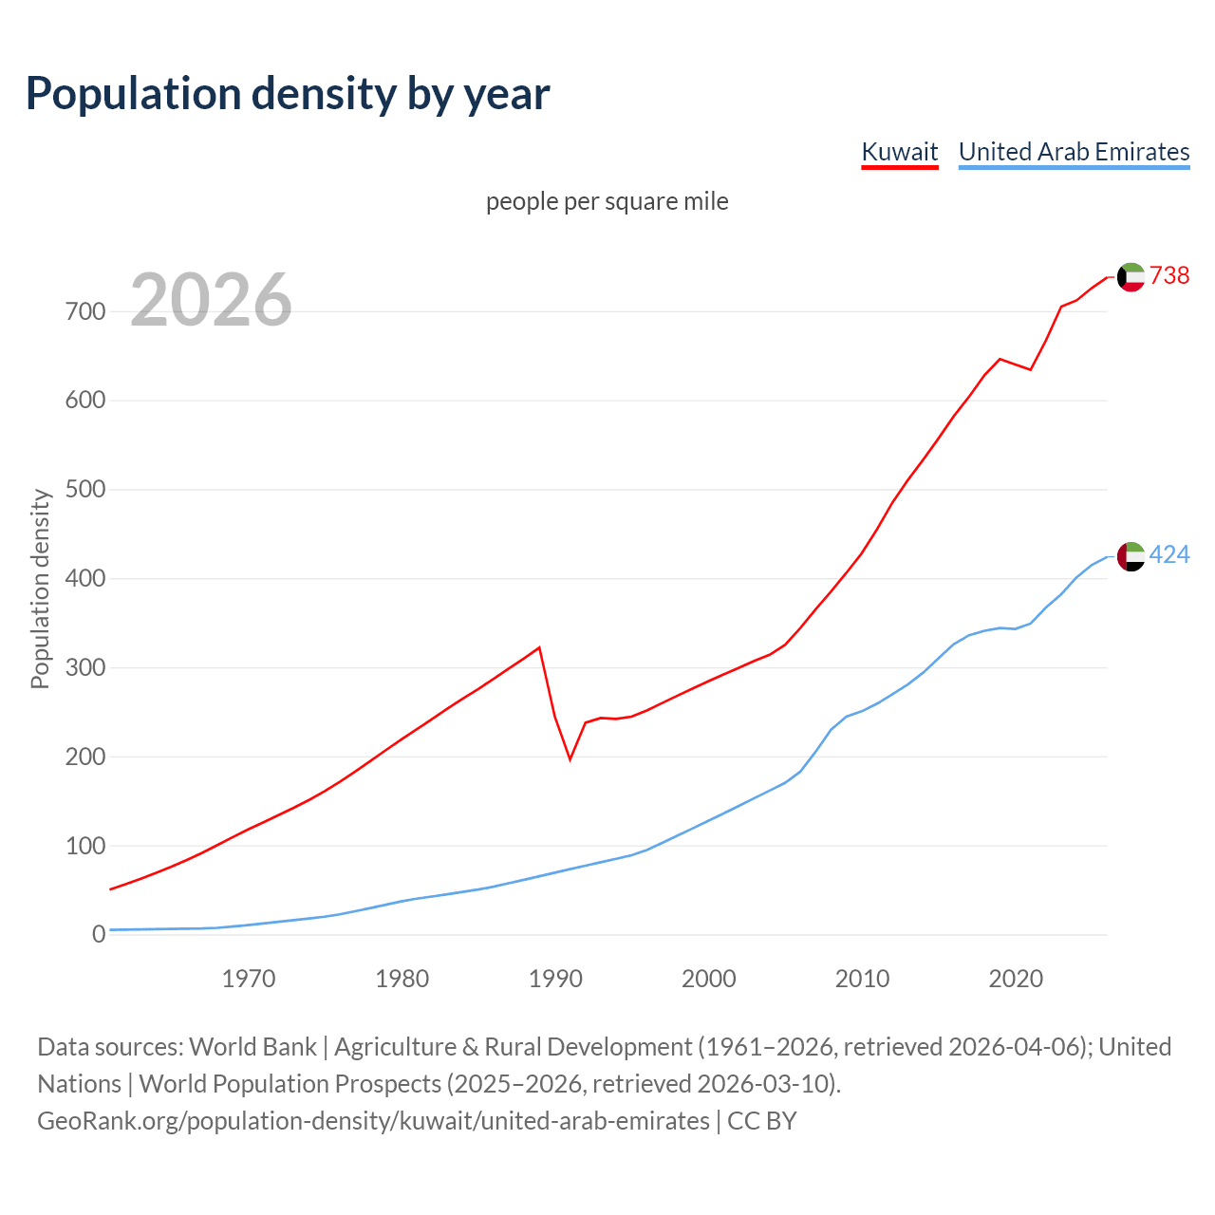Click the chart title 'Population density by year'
288,94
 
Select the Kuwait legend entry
899,152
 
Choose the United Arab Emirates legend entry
1074,152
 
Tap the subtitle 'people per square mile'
607,202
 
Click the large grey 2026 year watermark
211,300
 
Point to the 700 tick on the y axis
85,311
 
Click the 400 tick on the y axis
85,579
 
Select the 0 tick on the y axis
99,935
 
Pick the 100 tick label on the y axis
85,846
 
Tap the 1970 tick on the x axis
249,979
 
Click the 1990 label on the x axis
555,979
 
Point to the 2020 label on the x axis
1016,979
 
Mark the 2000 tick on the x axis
709,979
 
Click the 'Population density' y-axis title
40,589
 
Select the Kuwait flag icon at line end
1131,277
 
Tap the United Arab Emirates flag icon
1131,556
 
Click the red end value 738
1169,275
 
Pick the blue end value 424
1169,555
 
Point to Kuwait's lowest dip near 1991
570,758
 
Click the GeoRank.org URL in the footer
373,1121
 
